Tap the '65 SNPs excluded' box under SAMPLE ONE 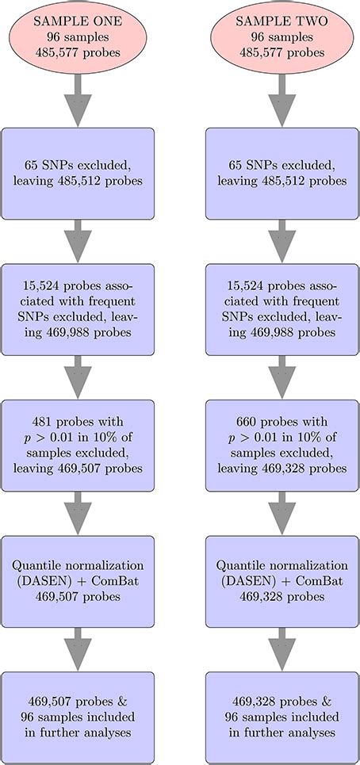coord(78,174)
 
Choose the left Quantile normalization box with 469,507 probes coord(78,580)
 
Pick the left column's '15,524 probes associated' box coord(78,309)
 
